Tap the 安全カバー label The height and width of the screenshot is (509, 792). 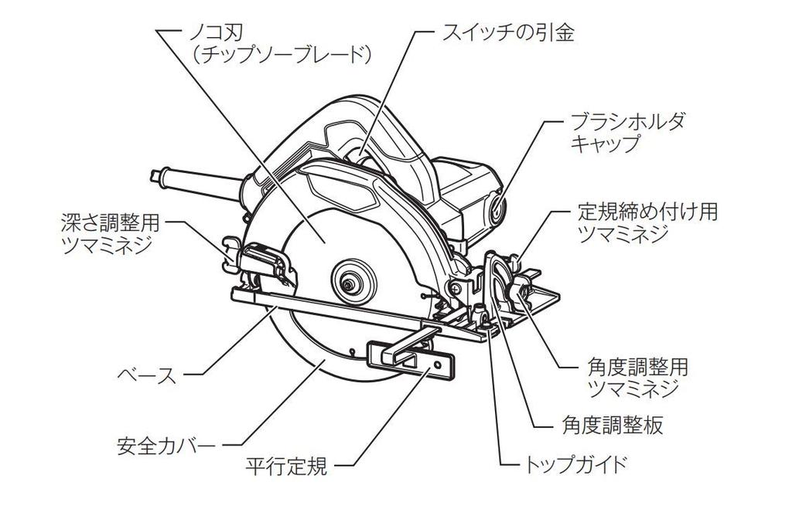click(x=165, y=446)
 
